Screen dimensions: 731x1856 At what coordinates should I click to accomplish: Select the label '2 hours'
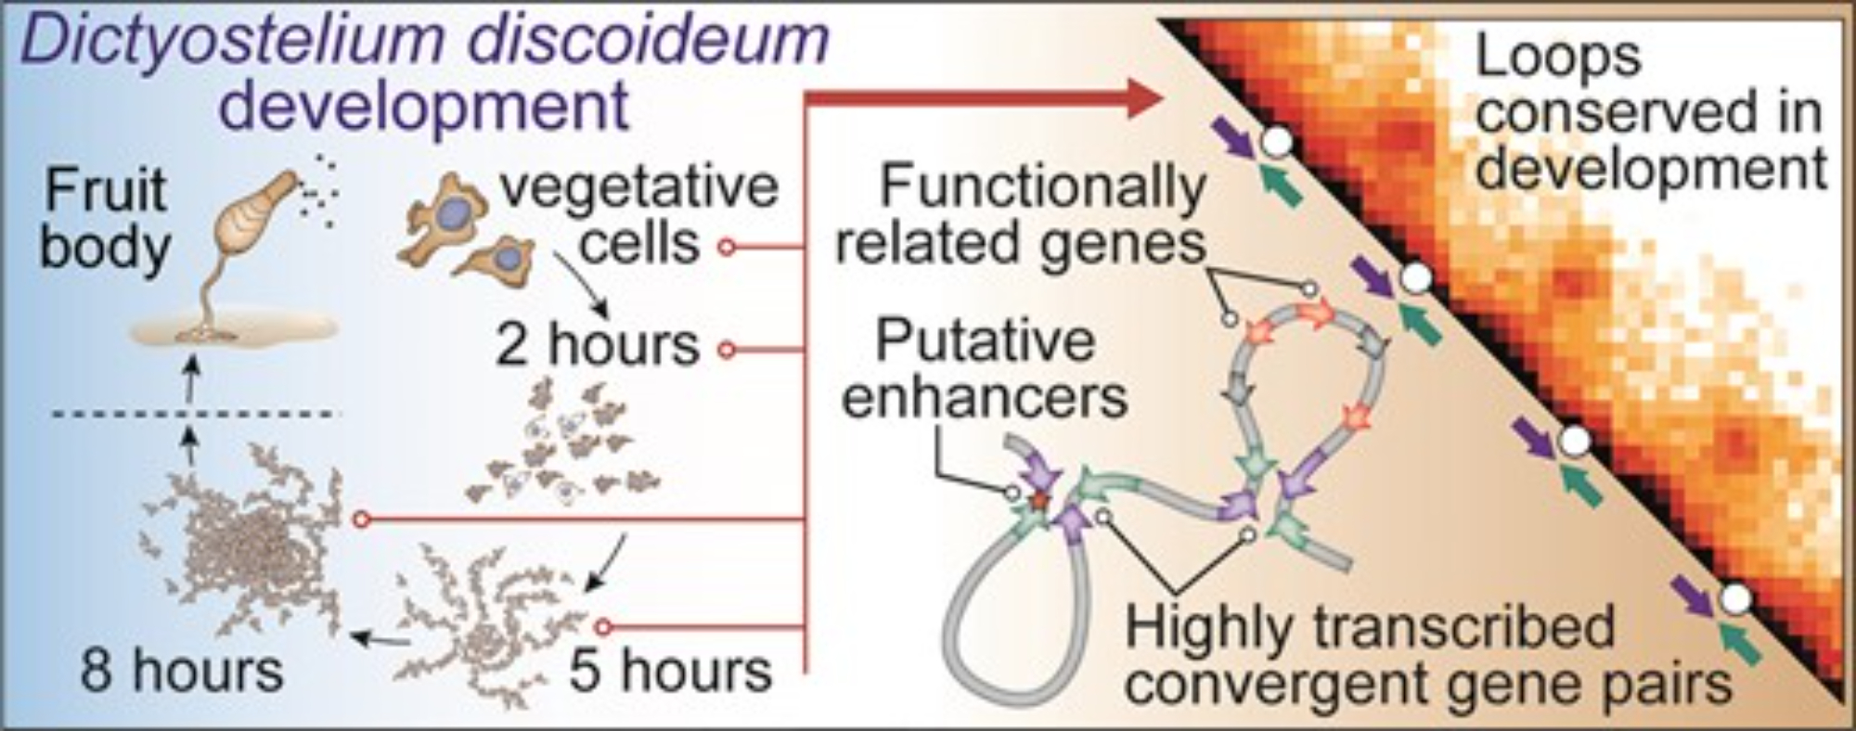pyautogui.click(x=598, y=346)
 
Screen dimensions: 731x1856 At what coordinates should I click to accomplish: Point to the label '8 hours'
pyautogui.click(x=181, y=670)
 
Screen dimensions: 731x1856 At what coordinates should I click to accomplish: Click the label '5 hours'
pyautogui.click(x=670, y=670)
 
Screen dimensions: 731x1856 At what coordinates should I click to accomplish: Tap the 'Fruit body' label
pyautogui.click(x=105, y=219)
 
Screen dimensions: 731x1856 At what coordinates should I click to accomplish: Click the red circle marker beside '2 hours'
pyautogui.click(x=728, y=350)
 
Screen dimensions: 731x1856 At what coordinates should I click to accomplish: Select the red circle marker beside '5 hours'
pyautogui.click(x=603, y=627)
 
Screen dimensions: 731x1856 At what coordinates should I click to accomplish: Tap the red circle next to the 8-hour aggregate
pyautogui.click(x=362, y=519)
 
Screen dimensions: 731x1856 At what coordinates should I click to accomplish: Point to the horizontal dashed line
pyautogui.click(x=195, y=414)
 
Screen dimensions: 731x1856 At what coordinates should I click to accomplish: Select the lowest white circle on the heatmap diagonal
pyautogui.click(x=1736, y=599)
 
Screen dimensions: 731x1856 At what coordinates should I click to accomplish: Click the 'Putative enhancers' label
pyautogui.click(x=986, y=369)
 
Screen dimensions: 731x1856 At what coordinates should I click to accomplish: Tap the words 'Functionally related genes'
pyautogui.click(x=1021, y=215)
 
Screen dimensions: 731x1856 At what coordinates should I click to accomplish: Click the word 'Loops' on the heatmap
pyautogui.click(x=1559, y=58)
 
